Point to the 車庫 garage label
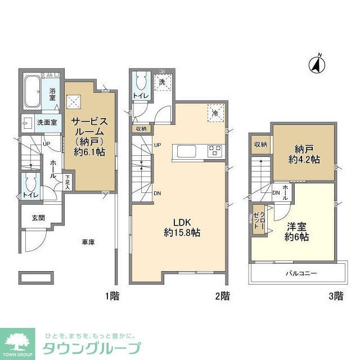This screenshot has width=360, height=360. tap(87, 242)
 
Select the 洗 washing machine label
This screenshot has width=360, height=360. tap(162, 82)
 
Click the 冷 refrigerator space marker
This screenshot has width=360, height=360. tap(215, 112)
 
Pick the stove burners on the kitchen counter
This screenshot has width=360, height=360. tap(215, 151)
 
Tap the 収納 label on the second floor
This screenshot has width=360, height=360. tap(141, 129)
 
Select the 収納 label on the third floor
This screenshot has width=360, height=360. tap(260, 145)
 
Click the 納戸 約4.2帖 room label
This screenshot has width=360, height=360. tap(303, 154)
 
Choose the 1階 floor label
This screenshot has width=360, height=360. tap(111, 295)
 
